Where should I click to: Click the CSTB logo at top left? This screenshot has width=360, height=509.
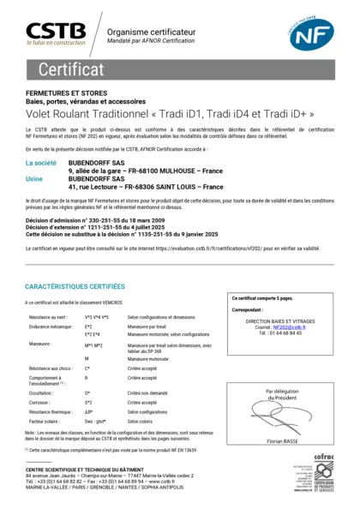tap(55, 33)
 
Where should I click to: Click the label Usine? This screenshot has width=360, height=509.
tap(35, 178)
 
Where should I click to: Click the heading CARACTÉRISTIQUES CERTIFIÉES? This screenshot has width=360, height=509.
tap(81, 286)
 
